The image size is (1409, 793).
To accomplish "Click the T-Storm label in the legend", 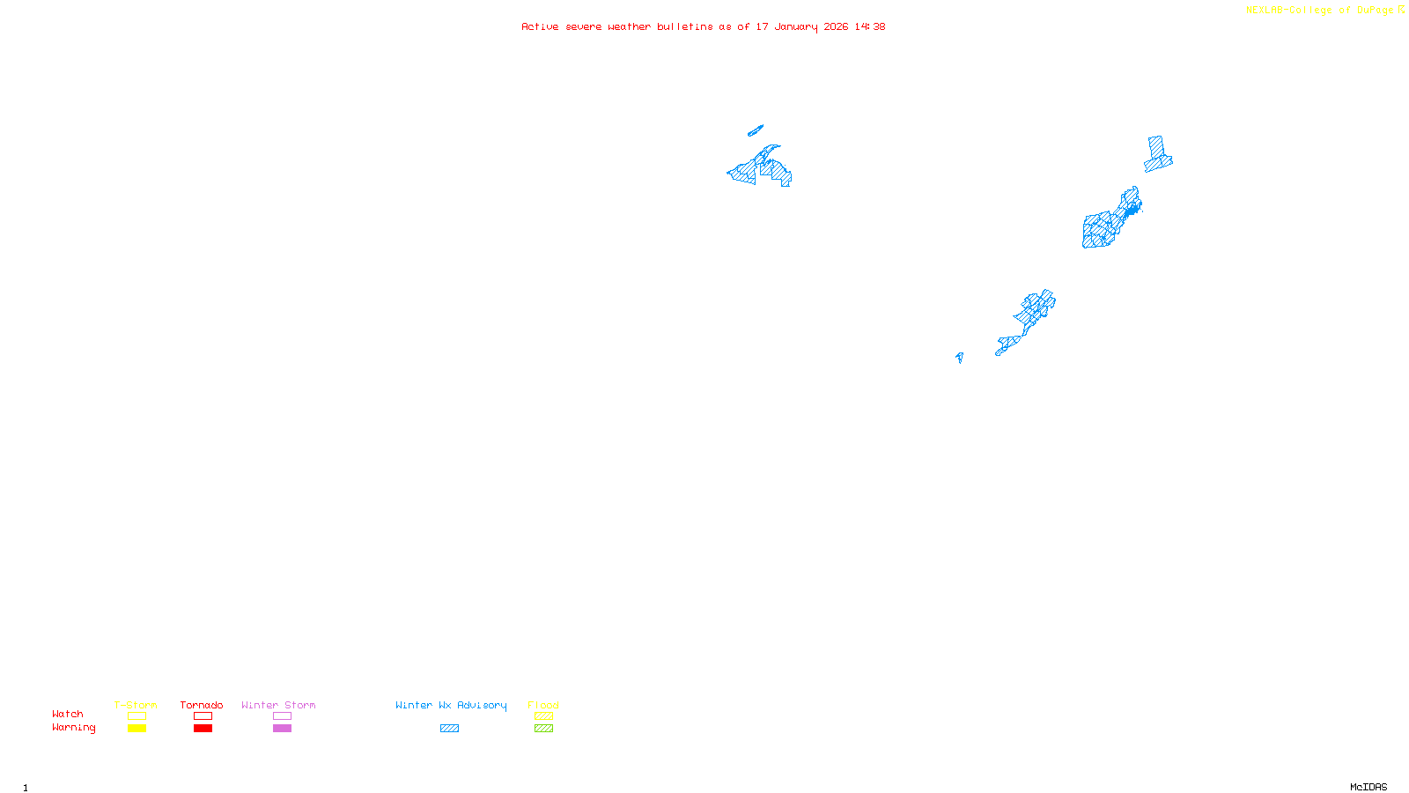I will point(136,705).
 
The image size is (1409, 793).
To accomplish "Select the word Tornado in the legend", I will point(202,705).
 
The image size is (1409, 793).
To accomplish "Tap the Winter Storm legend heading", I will point(278,705).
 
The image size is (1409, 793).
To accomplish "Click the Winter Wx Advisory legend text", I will point(451,705).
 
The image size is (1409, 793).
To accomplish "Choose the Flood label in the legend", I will point(543,705).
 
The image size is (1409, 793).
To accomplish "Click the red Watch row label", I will point(68,714).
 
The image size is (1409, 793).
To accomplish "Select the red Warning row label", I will point(74,728).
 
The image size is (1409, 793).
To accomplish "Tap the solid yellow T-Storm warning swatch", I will point(136,729).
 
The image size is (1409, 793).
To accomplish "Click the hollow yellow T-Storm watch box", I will point(136,716).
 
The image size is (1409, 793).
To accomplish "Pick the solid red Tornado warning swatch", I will point(203,729).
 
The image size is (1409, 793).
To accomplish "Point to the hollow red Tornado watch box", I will point(203,716).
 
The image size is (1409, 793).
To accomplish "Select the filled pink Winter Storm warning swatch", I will point(282,729).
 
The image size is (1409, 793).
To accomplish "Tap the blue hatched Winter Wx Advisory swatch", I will point(449,729).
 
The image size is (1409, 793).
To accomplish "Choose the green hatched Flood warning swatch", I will point(543,729).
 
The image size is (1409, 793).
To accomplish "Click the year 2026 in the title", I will point(836,26).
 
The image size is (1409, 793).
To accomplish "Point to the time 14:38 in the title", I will point(870,26).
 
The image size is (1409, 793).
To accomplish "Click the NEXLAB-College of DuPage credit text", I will point(1319,10).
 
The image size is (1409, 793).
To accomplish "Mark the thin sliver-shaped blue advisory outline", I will point(756,130).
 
